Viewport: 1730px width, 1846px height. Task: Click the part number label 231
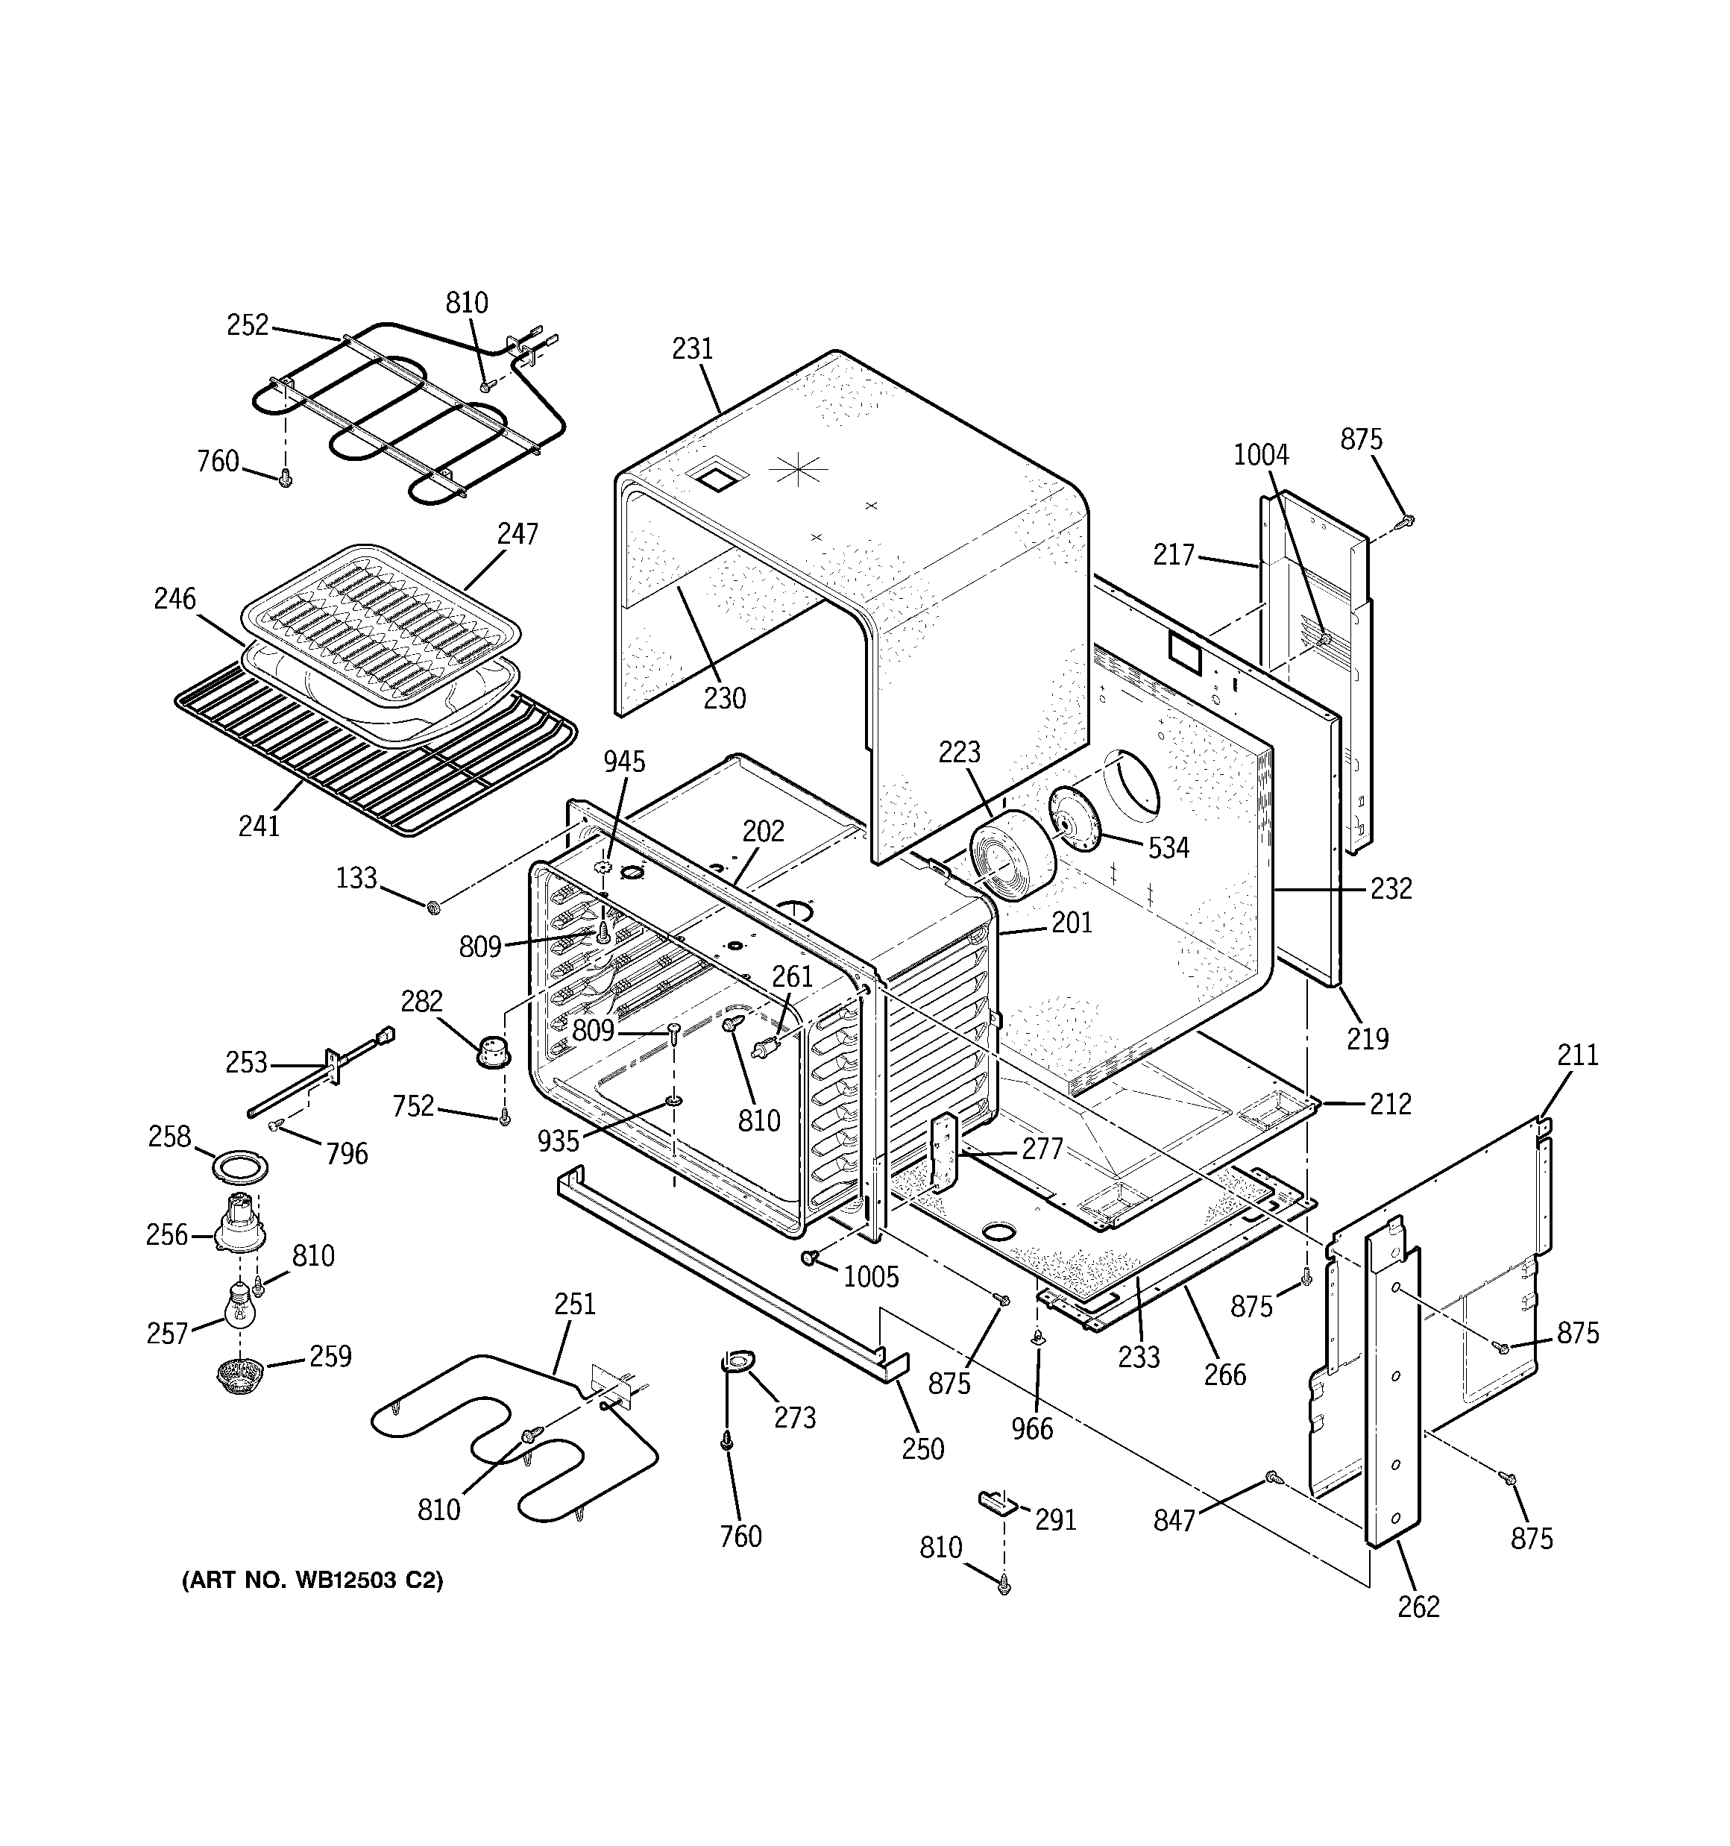pos(693,349)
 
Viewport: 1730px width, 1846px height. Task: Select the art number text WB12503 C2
pos(312,1580)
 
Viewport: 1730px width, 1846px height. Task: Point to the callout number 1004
pos(1261,455)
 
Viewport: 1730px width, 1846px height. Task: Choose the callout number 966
pos(1033,1428)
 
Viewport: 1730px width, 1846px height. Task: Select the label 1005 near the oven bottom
pos(870,1278)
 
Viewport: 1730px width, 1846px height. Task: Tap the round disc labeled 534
pos(1075,817)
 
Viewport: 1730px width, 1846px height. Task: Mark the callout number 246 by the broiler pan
pos(175,599)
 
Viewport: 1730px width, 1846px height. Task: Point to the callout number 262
pos(1418,1607)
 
